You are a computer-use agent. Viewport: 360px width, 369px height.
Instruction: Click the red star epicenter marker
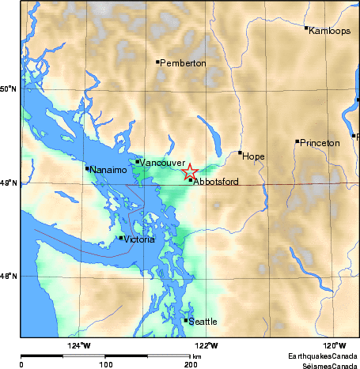190,171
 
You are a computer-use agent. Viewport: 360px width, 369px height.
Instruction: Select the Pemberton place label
184,63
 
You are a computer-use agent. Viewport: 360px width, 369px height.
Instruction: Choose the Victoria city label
139,239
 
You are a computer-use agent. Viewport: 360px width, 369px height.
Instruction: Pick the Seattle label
203,322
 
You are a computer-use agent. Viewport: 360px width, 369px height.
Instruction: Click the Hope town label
254,156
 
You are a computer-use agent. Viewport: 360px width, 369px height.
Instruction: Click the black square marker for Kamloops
306,28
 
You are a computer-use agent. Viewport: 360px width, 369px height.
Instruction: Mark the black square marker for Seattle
186,320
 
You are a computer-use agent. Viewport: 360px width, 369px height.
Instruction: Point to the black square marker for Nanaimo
87,168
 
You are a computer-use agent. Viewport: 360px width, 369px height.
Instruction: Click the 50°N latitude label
8,90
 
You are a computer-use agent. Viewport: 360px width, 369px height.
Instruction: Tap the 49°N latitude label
8,183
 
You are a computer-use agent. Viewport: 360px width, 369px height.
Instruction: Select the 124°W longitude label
78,346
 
